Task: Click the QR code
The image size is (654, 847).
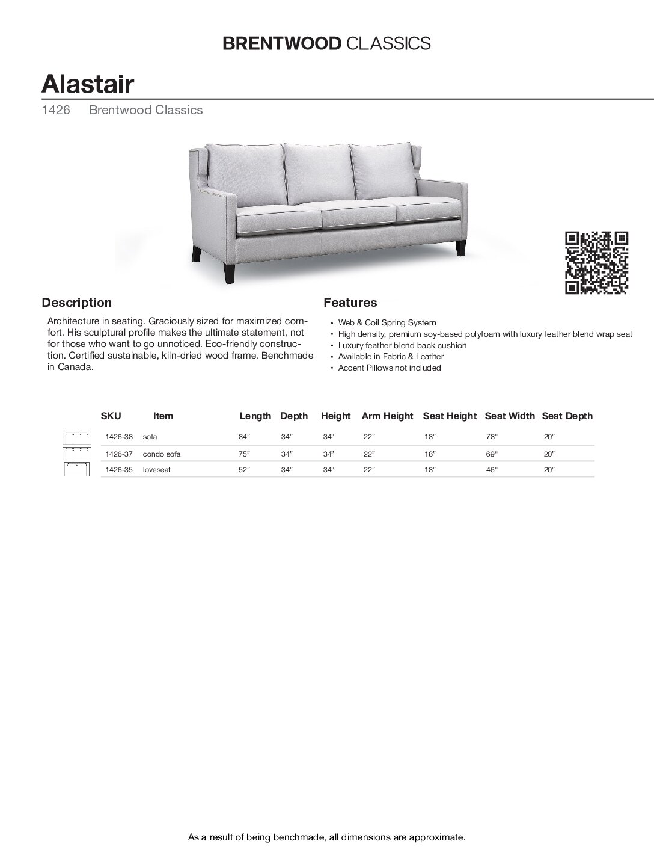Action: tap(597, 263)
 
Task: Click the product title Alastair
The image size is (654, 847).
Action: tap(88, 84)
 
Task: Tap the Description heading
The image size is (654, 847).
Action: tap(76, 303)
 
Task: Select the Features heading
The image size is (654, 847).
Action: tap(350, 303)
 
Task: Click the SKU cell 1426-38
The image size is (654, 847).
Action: tap(118, 437)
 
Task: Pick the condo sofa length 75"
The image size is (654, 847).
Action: tap(243, 454)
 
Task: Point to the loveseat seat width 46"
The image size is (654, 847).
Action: tap(492, 470)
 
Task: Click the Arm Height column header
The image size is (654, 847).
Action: tap(387, 416)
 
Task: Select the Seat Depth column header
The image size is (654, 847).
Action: tap(567, 416)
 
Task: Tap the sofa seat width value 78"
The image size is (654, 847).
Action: tap(492, 437)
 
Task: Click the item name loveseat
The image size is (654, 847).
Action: tap(156, 470)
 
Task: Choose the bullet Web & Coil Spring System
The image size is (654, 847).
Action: tap(387, 323)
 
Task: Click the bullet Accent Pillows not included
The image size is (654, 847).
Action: tap(389, 368)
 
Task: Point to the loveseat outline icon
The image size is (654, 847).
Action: tap(76, 470)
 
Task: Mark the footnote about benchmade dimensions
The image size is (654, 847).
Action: tap(327, 837)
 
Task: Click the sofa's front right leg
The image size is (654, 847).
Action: tap(460, 248)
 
